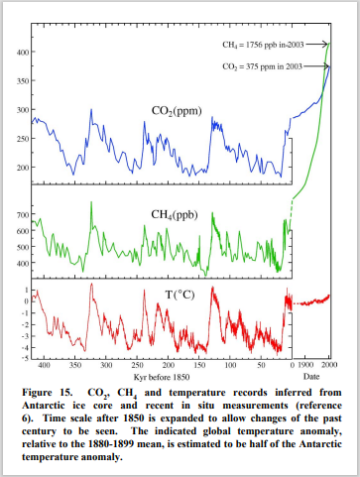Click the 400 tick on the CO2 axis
[x=19, y=52]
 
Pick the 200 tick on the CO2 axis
[x=19, y=168]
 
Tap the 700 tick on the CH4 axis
[x=19, y=215]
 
